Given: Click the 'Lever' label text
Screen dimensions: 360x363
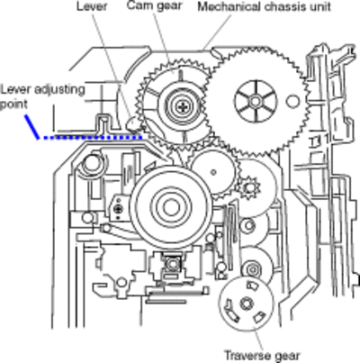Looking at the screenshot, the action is click(92, 6).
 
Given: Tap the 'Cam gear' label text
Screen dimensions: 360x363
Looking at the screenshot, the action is click(154, 5).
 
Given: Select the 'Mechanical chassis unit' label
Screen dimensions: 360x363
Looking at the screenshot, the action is click(264, 6).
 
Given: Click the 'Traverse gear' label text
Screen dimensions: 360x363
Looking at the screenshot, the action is click(262, 356).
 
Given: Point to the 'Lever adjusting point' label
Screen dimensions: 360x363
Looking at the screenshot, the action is click(42, 96).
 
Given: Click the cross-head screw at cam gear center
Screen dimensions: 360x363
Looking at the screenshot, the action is click(183, 105).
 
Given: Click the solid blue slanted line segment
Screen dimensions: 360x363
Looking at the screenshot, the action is click(32, 126).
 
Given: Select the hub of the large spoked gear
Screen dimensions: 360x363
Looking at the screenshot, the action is click(255, 101).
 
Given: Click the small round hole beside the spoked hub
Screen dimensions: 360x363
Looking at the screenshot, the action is click(292, 101).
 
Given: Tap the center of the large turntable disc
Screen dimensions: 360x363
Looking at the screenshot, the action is click(171, 207).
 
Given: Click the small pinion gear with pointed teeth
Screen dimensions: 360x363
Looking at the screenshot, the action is click(248, 187).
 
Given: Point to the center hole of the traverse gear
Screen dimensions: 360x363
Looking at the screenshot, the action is click(246, 304).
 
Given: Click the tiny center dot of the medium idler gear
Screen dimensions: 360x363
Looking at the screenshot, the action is click(213, 172).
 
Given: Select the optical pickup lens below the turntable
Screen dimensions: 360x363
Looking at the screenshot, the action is click(172, 264).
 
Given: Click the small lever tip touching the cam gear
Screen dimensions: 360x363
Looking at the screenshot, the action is click(132, 123).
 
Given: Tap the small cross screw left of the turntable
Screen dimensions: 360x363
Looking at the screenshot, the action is click(120, 208).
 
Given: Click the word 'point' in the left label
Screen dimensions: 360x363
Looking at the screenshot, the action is click(13, 104).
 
